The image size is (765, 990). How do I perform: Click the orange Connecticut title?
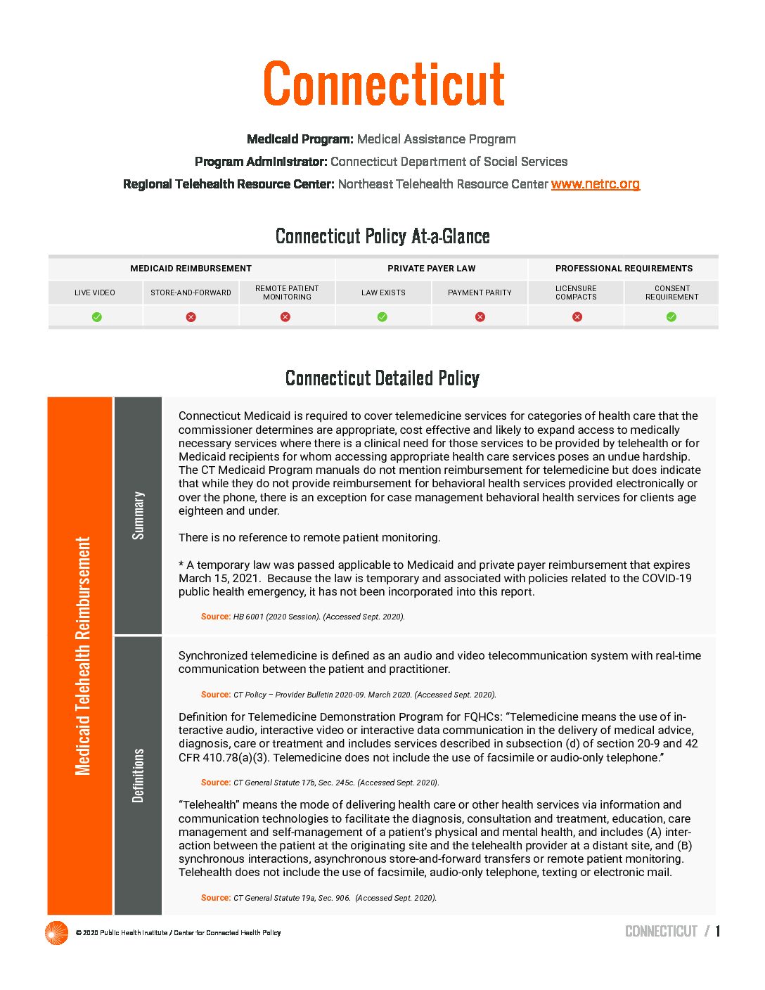[x=384, y=84]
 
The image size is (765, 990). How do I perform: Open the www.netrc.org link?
[x=595, y=184]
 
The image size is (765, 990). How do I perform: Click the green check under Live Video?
[x=97, y=317]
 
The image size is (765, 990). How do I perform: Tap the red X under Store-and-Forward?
[x=191, y=317]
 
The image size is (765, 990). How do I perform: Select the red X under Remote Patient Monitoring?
[x=285, y=317]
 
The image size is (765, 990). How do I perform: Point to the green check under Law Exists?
[x=382, y=317]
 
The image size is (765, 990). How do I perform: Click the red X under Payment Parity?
[x=480, y=317]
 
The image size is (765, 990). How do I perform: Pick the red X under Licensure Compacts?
[x=577, y=317]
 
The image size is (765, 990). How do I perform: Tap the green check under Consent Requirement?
[x=671, y=317]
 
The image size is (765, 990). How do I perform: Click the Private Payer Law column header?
[x=431, y=269]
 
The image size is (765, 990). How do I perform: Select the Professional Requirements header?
[x=624, y=269]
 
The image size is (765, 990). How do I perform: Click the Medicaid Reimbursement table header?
[x=191, y=269]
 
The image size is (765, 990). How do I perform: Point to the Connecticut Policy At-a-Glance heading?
[x=382, y=236]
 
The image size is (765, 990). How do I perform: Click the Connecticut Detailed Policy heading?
[x=382, y=378]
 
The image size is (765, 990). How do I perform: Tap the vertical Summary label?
[x=139, y=515]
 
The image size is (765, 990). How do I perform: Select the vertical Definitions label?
[x=139, y=775]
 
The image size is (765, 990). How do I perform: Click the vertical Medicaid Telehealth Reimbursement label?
[x=83, y=656]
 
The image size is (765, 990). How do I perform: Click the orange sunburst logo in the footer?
[x=56, y=933]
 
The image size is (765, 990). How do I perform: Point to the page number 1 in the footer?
[x=718, y=932]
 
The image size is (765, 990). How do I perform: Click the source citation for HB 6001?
[x=302, y=617]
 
